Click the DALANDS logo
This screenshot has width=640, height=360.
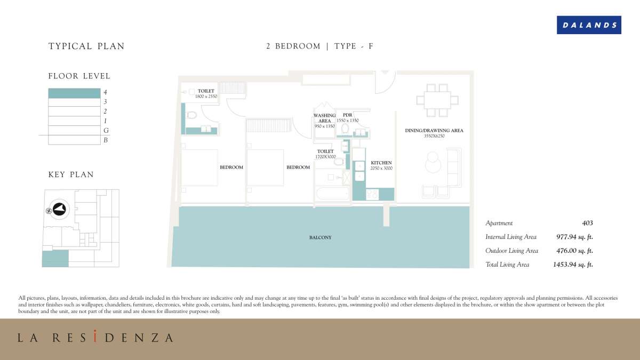pyautogui.click(x=589, y=25)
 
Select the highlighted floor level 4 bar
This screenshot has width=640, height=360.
pyautogui.click(x=74, y=93)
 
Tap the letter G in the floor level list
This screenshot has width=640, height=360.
pyautogui.click(x=106, y=131)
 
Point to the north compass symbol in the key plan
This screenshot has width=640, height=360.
pyautogui.click(x=59, y=209)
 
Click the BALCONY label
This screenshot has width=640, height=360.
pyautogui.click(x=321, y=237)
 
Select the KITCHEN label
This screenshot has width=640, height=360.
pyautogui.click(x=381, y=163)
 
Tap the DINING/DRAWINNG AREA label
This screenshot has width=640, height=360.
pyautogui.click(x=434, y=131)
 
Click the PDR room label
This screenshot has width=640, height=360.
pyautogui.click(x=347, y=115)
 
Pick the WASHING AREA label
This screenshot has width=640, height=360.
pyautogui.click(x=325, y=118)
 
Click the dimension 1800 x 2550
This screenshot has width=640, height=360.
pyautogui.click(x=206, y=97)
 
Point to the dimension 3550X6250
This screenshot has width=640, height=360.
pyautogui.click(x=434, y=136)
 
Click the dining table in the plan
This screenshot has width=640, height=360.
pyautogui.click(x=437, y=100)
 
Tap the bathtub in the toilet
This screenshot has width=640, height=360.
pyautogui.click(x=333, y=194)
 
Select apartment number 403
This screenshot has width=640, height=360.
pyautogui.click(x=587, y=223)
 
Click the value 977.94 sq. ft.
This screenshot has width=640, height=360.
pyautogui.click(x=574, y=237)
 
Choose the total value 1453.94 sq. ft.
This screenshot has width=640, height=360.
pyautogui.click(x=573, y=265)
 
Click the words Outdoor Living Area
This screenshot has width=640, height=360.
pyautogui.click(x=511, y=251)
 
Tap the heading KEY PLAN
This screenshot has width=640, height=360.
pyautogui.click(x=71, y=174)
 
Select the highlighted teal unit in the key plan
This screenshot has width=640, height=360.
pyautogui.click(x=55, y=259)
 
